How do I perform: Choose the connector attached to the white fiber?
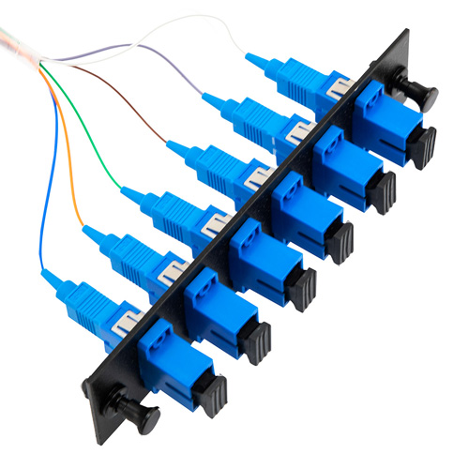[x=280, y=75]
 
